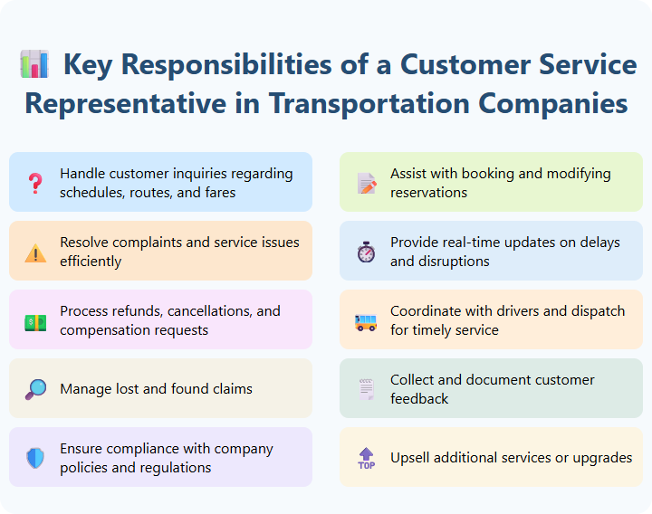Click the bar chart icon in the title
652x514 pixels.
[34, 65]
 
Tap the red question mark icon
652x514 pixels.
[35, 183]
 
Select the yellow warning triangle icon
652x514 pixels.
[35, 252]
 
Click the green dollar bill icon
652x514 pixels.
[35, 321]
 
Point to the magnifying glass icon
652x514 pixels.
[35, 390]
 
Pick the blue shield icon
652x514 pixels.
[35, 459]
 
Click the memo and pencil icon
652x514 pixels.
[366, 184]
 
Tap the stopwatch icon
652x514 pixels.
[366, 252]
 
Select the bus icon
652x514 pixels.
[366, 321]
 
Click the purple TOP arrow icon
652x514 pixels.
[366, 459]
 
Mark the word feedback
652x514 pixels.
[419, 399]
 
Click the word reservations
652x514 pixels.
[428, 193]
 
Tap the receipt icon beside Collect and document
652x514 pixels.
[366, 390]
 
